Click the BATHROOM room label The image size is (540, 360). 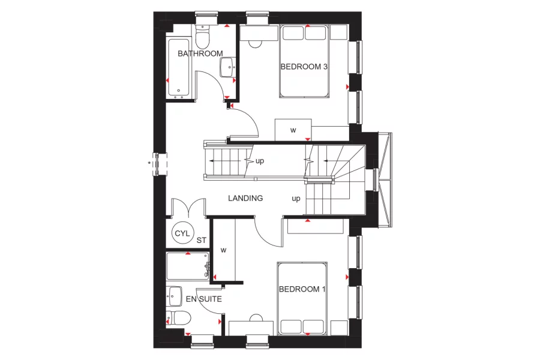[200, 54]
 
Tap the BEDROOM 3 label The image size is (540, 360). [304, 67]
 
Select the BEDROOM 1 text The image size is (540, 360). [302, 289]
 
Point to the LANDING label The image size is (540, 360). [245, 198]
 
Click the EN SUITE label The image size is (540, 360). [203, 298]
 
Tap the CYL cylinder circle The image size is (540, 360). [181, 233]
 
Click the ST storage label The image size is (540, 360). [202, 240]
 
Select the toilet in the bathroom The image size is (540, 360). [202, 37]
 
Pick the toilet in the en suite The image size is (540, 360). [179, 317]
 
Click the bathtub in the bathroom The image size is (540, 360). [179, 68]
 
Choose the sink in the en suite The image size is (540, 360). [175, 295]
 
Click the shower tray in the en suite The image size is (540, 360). [188, 266]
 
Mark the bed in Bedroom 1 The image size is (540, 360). [302, 298]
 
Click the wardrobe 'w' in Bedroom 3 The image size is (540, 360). [293, 130]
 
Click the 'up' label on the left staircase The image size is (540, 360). [260, 161]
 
